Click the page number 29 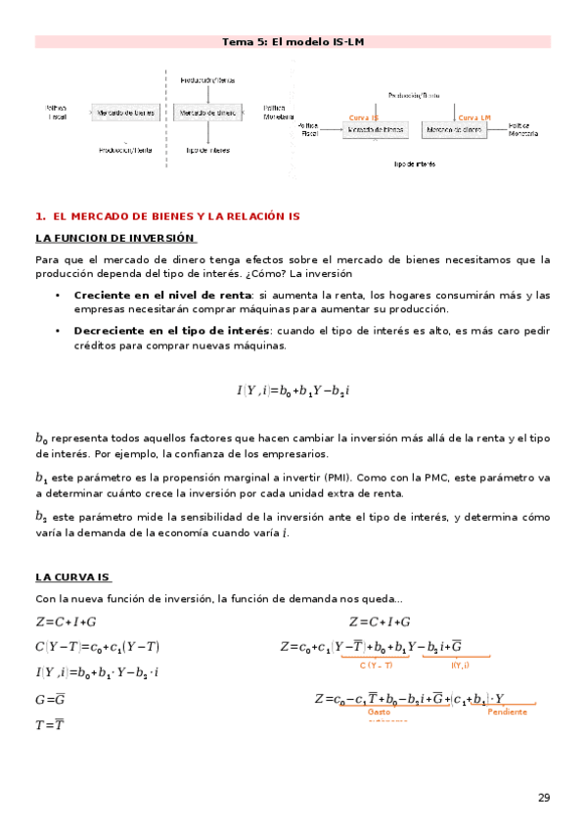tap(544, 798)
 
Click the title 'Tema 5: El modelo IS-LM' tap(293, 42)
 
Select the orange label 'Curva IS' tap(364, 117)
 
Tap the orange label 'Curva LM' tap(473, 117)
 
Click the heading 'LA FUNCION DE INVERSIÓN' tap(115, 238)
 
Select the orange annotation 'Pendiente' tap(507, 712)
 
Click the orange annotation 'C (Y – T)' tap(376, 666)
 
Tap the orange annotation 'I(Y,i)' tap(460, 666)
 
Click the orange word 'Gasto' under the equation tap(379, 712)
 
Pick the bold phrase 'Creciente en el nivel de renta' tap(161, 295)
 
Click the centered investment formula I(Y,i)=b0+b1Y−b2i tap(293, 391)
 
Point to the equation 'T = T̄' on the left tap(49, 725)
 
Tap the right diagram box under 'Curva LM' tap(454, 130)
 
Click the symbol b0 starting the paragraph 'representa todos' tap(41, 439)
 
